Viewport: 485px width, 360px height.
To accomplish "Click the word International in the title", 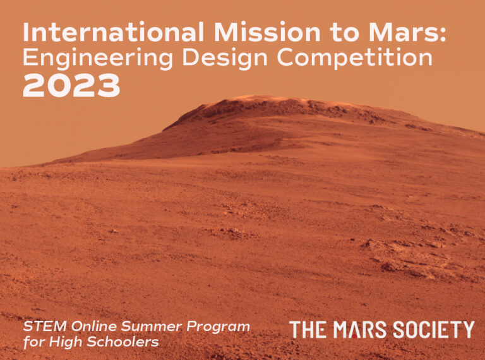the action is (114, 32).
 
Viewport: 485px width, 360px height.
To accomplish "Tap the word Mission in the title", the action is (267, 32).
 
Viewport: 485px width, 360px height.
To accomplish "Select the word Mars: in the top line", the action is (407, 32).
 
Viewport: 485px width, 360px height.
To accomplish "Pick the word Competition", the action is (355, 57).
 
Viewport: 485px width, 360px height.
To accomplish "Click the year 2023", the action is (71, 85).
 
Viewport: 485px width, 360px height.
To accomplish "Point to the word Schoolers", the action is (123, 342).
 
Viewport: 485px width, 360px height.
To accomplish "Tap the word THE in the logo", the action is (308, 330).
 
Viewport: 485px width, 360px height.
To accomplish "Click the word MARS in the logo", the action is (360, 330).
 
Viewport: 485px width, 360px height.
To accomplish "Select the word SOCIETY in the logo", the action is (434, 330).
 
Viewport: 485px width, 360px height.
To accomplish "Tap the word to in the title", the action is (344, 33).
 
